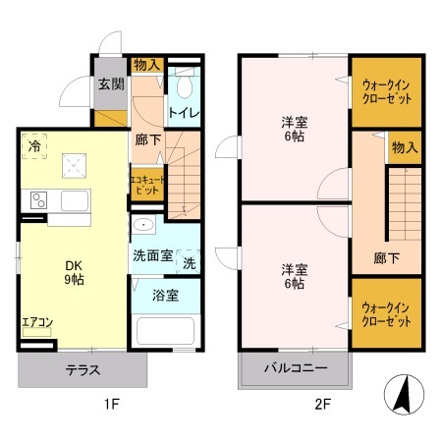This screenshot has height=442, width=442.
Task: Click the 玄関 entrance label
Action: [x=109, y=84]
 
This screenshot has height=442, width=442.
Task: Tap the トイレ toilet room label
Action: [x=185, y=113]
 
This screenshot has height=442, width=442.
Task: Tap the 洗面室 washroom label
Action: [x=152, y=255]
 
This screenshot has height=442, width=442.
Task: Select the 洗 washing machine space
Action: [x=190, y=262]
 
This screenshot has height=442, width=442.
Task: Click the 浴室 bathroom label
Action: [x=164, y=295]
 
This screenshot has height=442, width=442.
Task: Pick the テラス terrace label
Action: [x=83, y=370]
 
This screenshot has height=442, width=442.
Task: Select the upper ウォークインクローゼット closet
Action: [x=387, y=94]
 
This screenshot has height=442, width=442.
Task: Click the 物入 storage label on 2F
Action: [x=405, y=147]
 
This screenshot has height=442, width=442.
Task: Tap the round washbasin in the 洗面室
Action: [x=143, y=225]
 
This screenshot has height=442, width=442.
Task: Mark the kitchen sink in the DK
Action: [x=75, y=201]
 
